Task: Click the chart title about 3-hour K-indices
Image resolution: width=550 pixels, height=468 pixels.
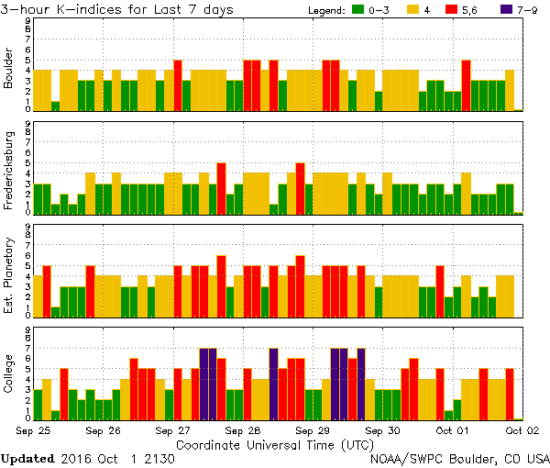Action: click(116, 9)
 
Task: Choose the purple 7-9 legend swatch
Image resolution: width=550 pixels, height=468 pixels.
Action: click(511, 9)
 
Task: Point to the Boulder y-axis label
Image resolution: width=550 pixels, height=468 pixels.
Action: click(9, 70)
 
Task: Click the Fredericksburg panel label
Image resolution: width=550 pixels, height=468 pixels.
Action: click(9, 173)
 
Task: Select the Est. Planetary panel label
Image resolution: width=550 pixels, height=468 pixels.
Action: click(9, 274)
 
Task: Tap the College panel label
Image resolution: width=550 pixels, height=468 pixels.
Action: click(9, 377)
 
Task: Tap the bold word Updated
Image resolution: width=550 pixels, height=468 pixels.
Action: click(34, 458)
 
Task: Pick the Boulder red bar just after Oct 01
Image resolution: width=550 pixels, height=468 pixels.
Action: click(466, 85)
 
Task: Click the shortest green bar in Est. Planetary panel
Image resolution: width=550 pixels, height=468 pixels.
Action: click(55, 310)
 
